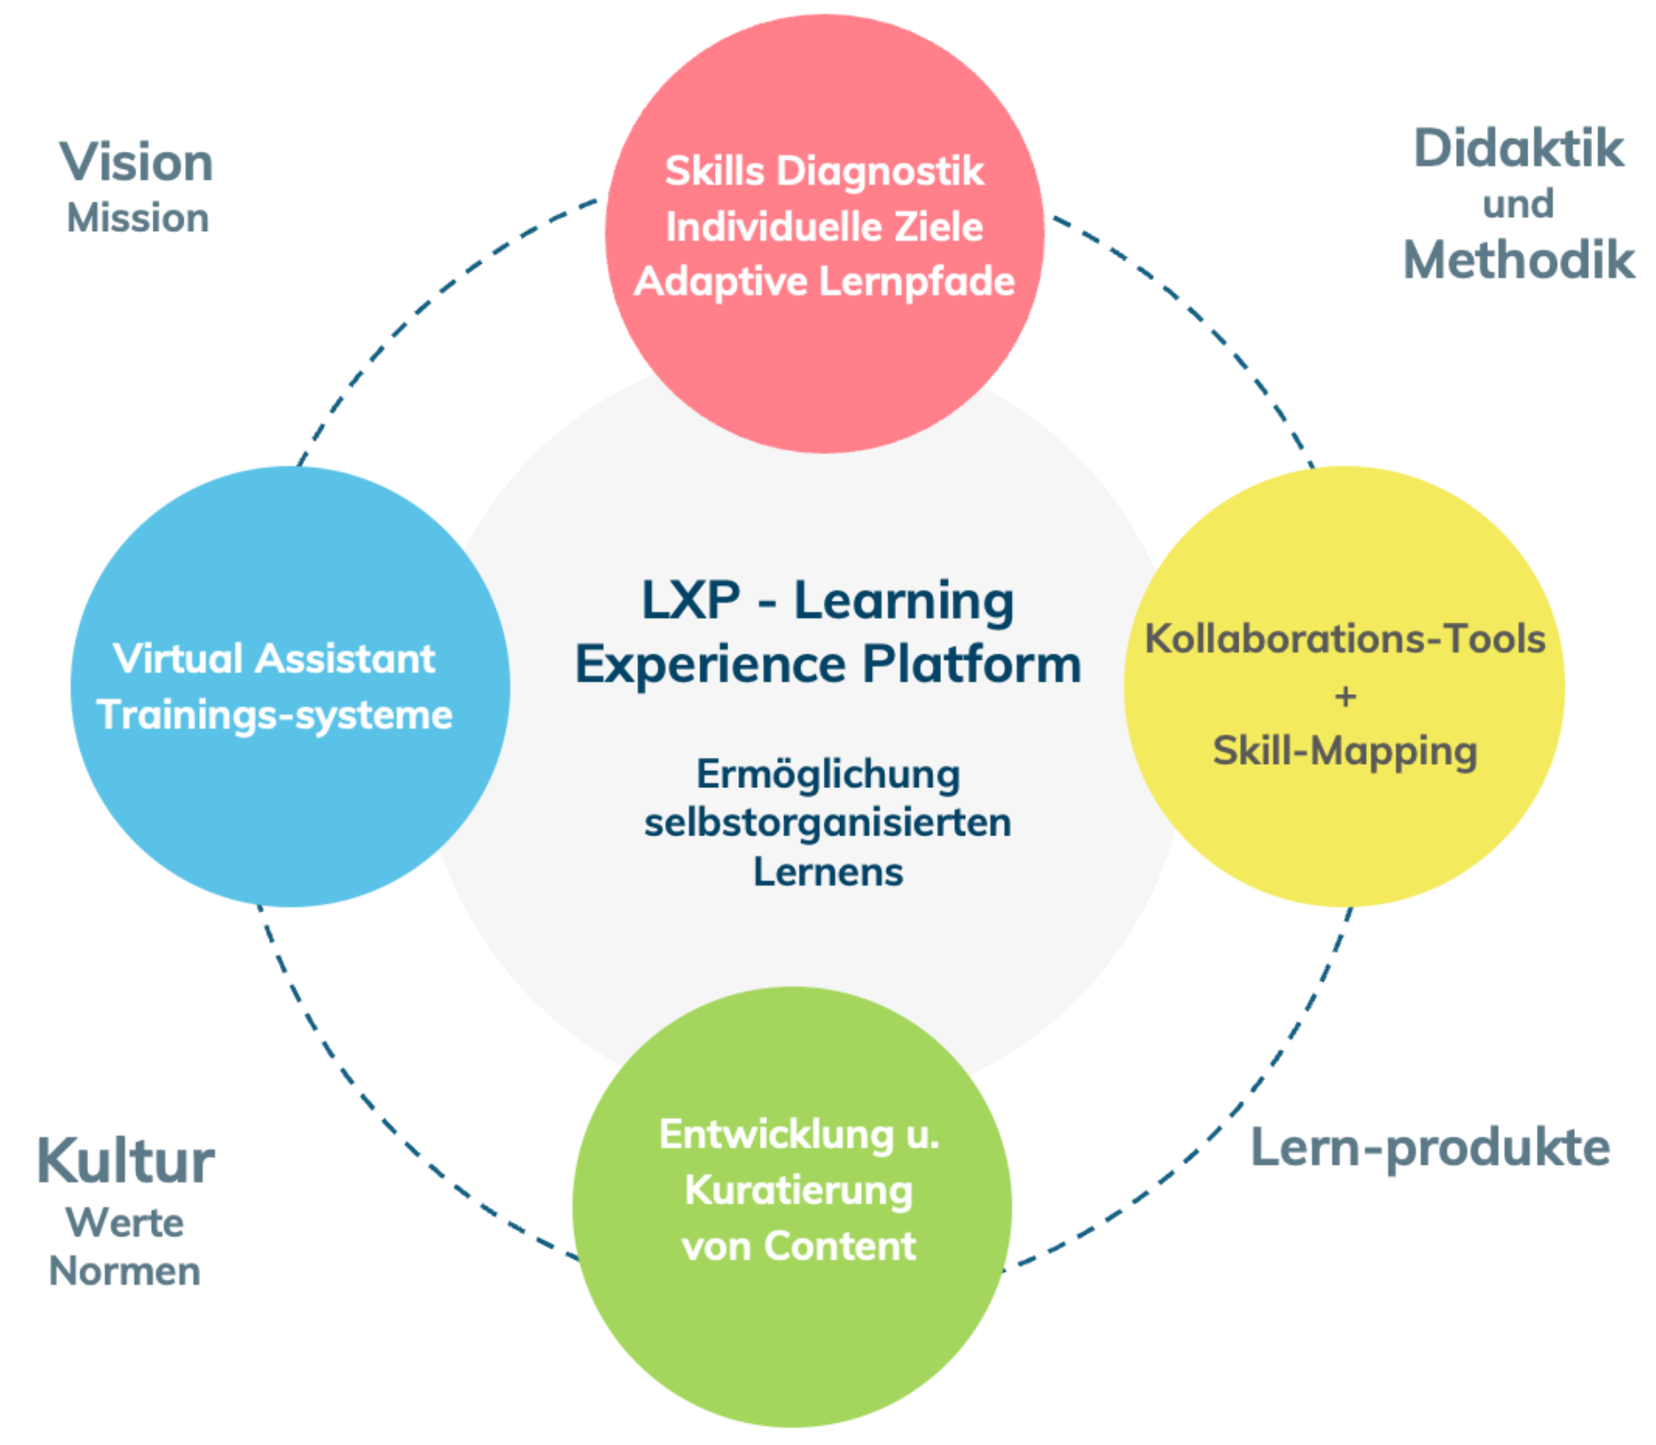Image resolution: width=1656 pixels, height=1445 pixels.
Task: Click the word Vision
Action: (136, 163)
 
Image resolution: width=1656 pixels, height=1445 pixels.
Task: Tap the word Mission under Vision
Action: (138, 218)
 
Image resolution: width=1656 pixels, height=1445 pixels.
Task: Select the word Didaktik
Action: (1518, 148)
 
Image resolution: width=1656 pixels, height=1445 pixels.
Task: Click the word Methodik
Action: (1519, 260)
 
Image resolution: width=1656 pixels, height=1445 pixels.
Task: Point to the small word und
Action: (1518, 204)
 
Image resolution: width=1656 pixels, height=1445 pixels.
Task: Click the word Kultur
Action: (126, 1160)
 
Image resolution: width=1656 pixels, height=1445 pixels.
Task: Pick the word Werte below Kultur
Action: (125, 1223)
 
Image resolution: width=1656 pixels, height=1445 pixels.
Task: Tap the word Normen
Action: (125, 1271)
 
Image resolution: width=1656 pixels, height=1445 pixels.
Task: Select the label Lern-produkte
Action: (1430, 1148)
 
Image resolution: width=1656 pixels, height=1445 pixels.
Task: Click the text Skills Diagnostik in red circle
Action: (825, 171)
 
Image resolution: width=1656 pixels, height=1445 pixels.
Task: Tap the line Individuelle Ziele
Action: (825, 227)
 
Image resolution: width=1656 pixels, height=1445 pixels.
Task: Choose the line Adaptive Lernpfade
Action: (825, 282)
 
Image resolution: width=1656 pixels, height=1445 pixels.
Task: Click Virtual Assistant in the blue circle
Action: (274, 659)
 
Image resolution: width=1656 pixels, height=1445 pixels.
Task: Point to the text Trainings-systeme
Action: (274, 715)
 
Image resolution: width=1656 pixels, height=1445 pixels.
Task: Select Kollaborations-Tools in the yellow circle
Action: (1345, 639)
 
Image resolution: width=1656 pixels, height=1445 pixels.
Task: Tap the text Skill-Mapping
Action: (1345, 751)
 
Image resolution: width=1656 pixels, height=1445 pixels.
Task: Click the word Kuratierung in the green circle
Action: (799, 1191)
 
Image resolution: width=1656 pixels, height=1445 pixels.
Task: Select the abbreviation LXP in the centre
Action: (691, 600)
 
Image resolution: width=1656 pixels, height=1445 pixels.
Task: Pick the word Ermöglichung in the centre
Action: (828, 774)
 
